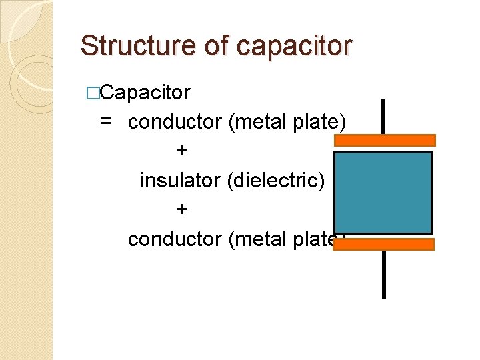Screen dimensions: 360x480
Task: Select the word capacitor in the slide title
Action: point(293,45)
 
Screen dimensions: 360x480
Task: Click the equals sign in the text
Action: point(105,122)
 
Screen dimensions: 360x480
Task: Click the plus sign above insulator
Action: point(182,151)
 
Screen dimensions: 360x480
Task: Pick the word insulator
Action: point(181,181)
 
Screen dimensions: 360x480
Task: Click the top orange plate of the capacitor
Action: point(385,140)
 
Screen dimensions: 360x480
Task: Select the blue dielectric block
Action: point(383,192)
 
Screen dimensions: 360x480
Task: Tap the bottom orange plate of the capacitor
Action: point(383,244)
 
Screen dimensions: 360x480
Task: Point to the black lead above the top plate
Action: point(383,116)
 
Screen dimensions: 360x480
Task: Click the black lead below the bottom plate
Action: point(383,273)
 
